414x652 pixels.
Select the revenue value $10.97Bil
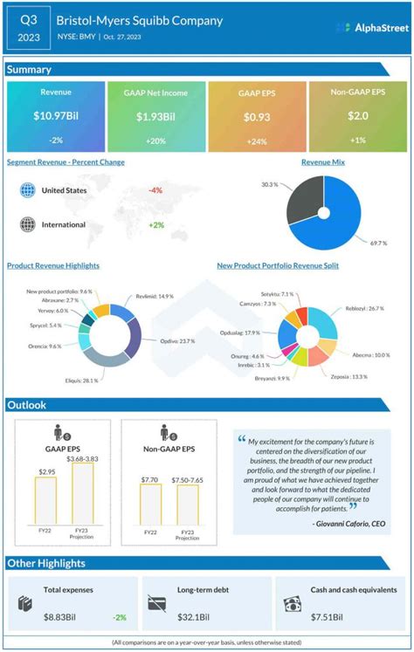55,116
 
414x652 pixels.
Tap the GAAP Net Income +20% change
156,141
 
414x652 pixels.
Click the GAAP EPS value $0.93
259,116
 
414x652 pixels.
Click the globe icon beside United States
27,189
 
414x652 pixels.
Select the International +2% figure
156,224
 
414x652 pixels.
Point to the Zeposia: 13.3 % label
348,376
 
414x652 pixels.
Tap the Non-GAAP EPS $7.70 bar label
149,478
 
